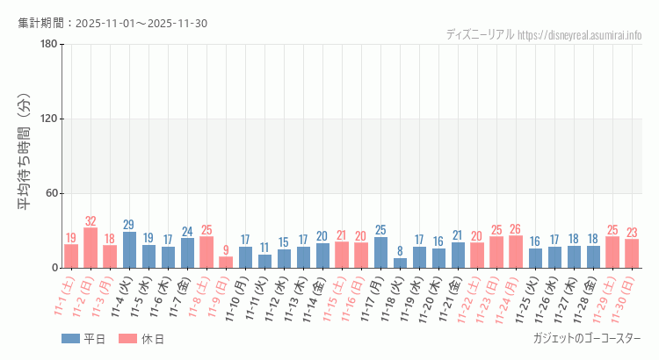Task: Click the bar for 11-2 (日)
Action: click(x=91, y=248)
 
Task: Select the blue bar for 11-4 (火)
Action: click(x=129, y=250)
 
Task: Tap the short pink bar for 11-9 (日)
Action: click(x=226, y=262)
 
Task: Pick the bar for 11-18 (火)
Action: click(x=400, y=263)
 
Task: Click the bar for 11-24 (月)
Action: click(x=516, y=251)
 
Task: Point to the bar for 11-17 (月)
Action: click(x=380, y=252)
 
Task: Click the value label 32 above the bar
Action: click(x=91, y=221)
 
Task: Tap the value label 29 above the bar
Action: click(x=129, y=225)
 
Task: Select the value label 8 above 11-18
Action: click(x=400, y=250)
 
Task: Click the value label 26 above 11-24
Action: click(x=516, y=229)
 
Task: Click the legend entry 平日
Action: click(x=83, y=339)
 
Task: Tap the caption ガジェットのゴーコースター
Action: click(x=586, y=338)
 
